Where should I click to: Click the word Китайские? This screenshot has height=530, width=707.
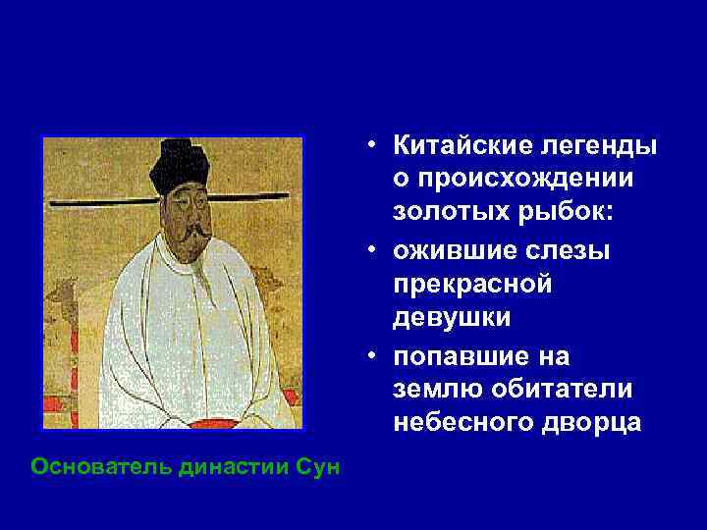click(x=453, y=146)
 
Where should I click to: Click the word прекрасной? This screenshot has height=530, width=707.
click(x=472, y=285)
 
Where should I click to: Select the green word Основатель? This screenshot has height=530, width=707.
click(x=102, y=466)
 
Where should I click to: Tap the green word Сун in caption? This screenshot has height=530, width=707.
click(x=320, y=466)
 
